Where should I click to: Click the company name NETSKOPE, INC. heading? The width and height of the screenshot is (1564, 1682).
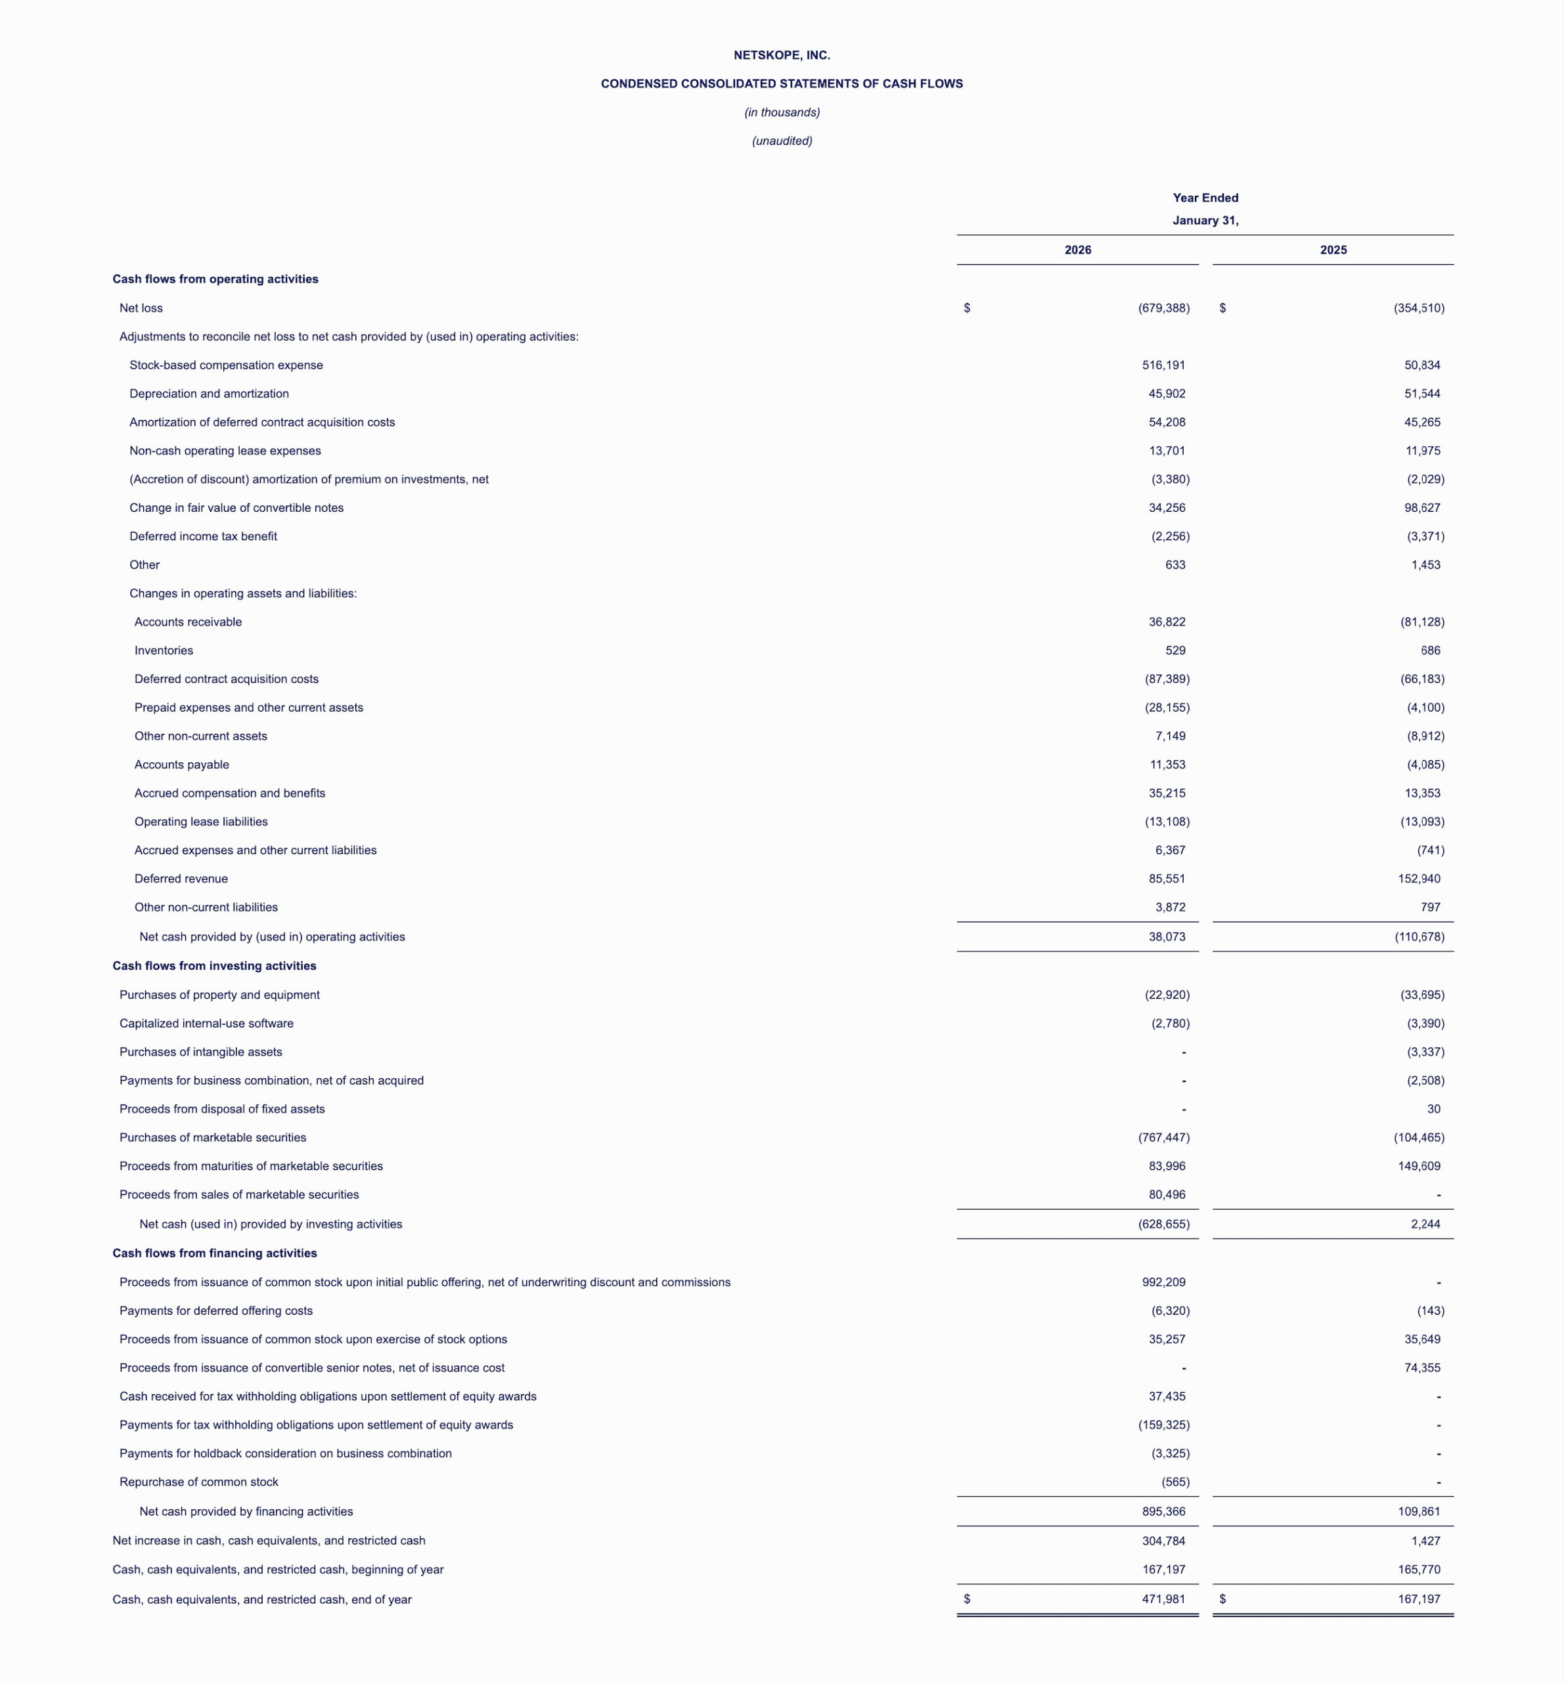tap(782, 55)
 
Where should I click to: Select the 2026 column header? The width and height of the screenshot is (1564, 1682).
tap(1078, 250)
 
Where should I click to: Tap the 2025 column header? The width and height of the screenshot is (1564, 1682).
tap(1333, 250)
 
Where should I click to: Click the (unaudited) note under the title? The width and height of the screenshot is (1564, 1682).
tap(782, 141)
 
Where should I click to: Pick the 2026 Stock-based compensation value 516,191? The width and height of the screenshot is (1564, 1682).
tap(1163, 365)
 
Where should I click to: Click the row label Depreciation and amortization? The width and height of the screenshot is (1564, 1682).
tap(209, 394)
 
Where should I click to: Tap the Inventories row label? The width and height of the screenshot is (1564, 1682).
tap(164, 650)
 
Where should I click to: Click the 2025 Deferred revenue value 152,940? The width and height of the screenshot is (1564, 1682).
tap(1419, 879)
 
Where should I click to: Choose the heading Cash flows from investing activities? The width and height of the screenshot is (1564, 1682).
tap(214, 966)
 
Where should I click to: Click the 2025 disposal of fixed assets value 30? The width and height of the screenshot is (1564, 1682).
tap(1433, 1109)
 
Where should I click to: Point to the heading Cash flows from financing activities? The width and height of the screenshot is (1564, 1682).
tap(214, 1253)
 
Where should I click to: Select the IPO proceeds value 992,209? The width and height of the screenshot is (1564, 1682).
tap(1163, 1283)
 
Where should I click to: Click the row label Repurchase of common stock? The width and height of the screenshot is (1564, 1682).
tap(199, 1482)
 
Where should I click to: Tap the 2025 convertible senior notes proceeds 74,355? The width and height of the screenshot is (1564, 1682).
tap(1422, 1368)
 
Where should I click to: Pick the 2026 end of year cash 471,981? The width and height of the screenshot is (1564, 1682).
tap(1163, 1600)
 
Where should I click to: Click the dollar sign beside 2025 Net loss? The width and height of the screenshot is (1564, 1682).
tap(1222, 308)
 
